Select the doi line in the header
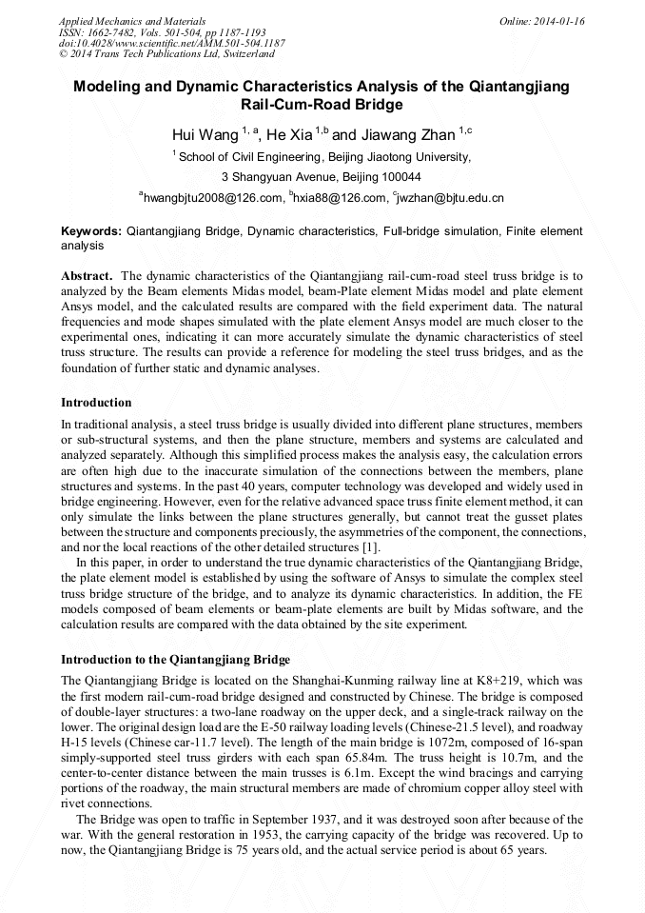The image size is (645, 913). (x=171, y=43)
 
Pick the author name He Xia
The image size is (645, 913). (x=290, y=134)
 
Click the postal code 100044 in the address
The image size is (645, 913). (x=400, y=177)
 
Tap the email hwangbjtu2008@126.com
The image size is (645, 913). (x=214, y=198)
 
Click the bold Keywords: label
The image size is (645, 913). (x=91, y=231)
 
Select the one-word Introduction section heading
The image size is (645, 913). (x=96, y=403)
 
